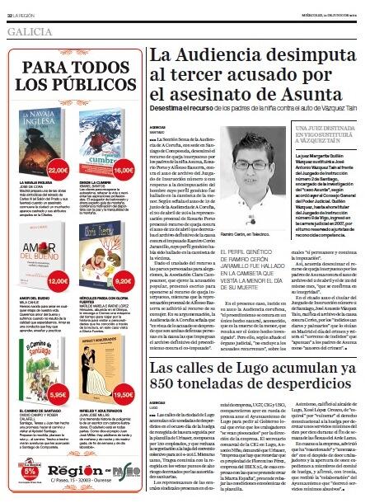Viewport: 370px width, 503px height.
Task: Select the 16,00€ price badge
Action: click(x=123, y=170)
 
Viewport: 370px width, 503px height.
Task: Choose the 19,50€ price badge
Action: click(x=123, y=393)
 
